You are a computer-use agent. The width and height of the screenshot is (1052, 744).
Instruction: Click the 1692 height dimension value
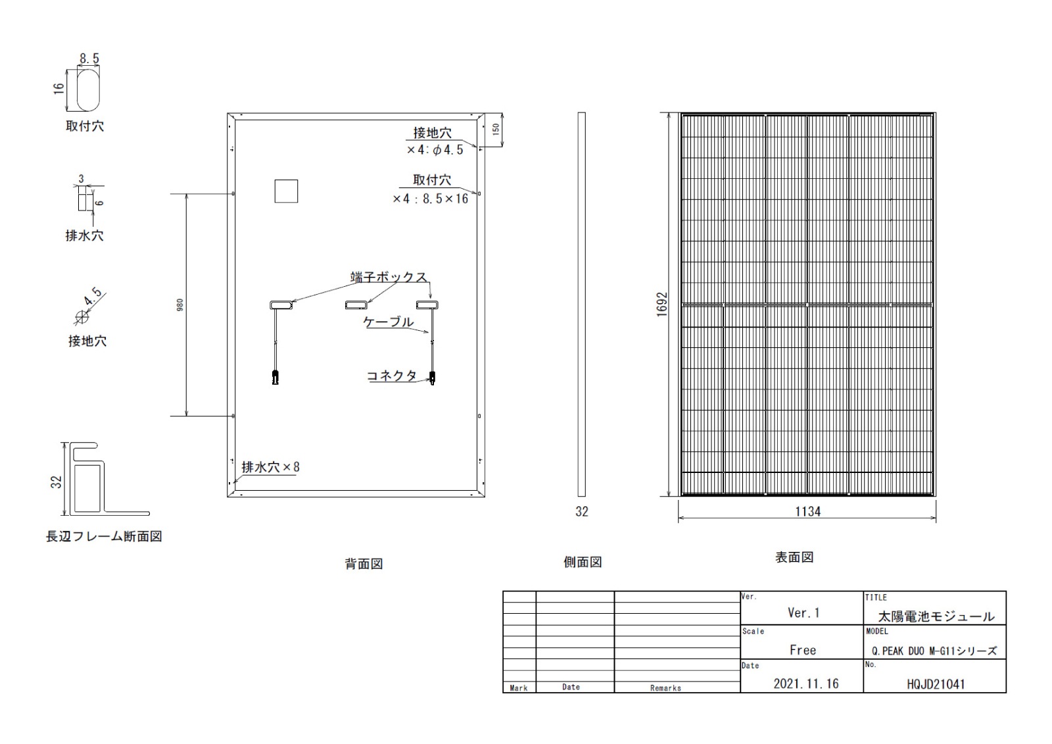coord(662,305)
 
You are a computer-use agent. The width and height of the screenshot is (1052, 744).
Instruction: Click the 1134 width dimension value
coord(808,511)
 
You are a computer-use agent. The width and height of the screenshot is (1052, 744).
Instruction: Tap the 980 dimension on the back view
coord(180,305)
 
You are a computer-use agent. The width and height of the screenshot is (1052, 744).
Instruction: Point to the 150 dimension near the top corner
coord(496,129)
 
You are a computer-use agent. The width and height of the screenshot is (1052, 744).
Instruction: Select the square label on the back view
coord(286,191)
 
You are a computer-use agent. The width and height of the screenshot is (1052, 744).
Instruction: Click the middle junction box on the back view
coord(356,305)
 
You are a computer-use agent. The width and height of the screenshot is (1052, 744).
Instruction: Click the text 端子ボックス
coord(389,277)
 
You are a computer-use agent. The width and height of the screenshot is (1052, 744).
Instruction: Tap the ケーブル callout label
coord(389,322)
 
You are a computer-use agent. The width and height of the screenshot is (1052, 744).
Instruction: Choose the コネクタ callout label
coord(392,376)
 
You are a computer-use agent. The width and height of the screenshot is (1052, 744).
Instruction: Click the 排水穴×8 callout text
coord(270,467)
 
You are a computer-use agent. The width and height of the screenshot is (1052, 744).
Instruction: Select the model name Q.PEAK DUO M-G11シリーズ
coord(934,651)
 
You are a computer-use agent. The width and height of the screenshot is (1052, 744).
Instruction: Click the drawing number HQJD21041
coord(936,684)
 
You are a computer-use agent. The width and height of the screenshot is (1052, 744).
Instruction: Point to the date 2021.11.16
coord(806,684)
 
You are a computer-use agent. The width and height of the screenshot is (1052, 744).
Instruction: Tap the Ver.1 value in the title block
coord(803,613)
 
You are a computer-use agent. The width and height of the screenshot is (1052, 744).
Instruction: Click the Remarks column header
coord(665,688)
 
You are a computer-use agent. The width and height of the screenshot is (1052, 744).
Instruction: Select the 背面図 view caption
coord(364,564)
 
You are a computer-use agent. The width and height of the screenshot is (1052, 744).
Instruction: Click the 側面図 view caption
coord(583,562)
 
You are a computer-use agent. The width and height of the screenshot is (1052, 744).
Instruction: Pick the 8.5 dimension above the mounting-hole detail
coord(89,59)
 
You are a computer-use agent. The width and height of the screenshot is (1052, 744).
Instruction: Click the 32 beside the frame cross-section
coord(57,482)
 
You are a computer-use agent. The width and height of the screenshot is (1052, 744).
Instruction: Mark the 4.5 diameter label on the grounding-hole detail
coord(93,297)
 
